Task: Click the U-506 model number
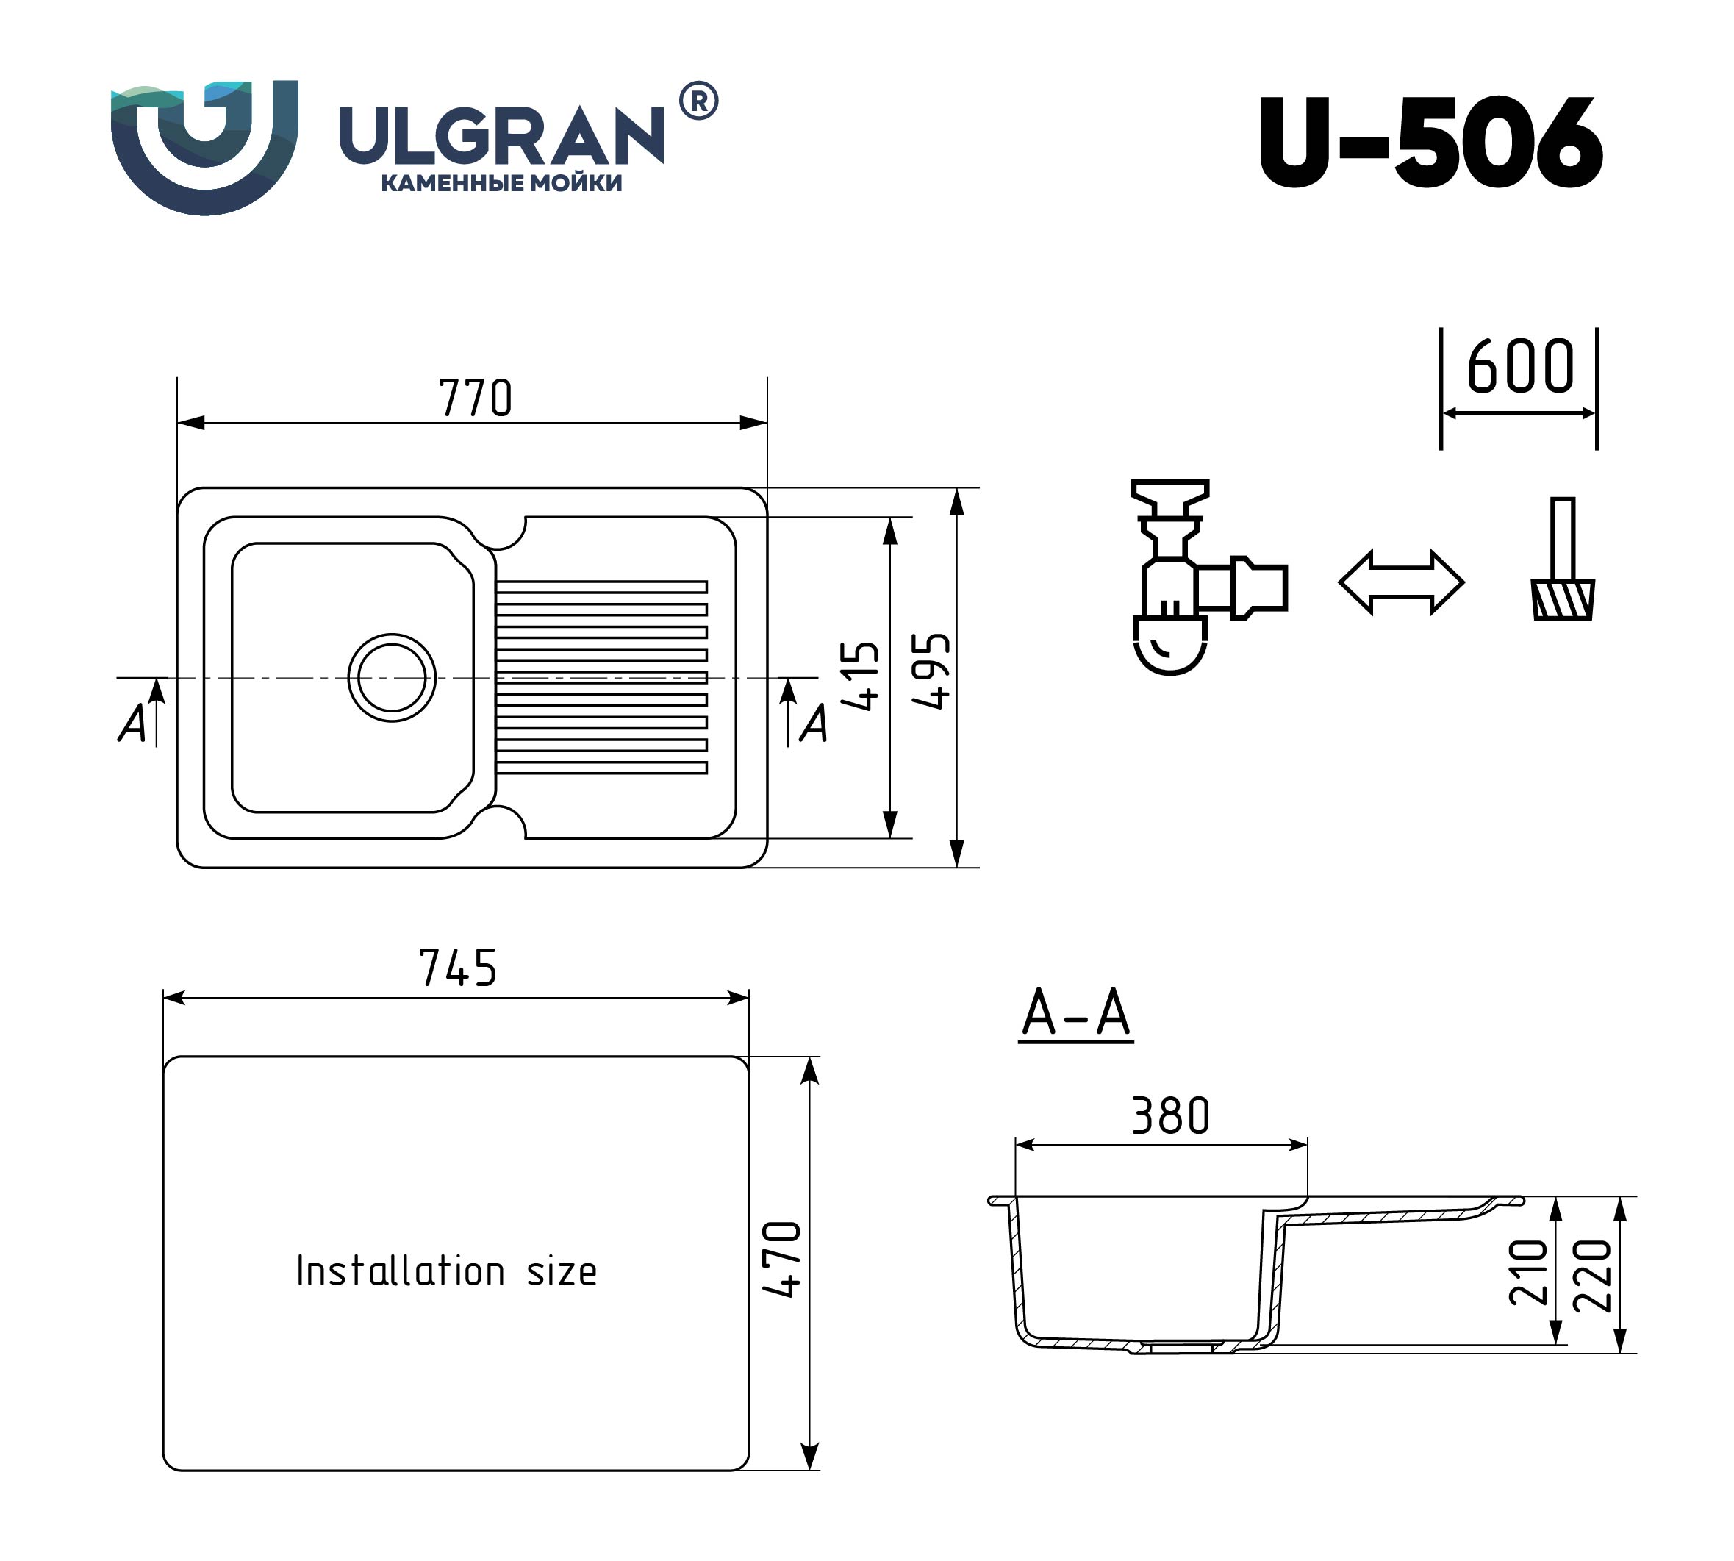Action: (x=1430, y=143)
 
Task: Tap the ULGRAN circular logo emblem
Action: (x=204, y=148)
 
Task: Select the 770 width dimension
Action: (x=475, y=398)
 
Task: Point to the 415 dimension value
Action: (x=860, y=676)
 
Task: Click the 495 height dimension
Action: (x=931, y=671)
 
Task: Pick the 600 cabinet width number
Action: (x=1519, y=366)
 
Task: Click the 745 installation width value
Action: (x=458, y=968)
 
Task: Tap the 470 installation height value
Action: (x=781, y=1258)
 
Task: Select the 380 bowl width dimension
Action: (x=1169, y=1116)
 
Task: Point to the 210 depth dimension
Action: (x=1528, y=1272)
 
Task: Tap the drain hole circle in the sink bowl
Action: (x=392, y=678)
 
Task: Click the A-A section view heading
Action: (x=1076, y=1014)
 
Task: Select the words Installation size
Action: (x=446, y=1271)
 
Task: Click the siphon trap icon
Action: (x=1209, y=577)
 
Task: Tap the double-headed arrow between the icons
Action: (x=1401, y=582)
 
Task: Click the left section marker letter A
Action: (x=132, y=723)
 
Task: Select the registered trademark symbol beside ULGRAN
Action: (x=699, y=101)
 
